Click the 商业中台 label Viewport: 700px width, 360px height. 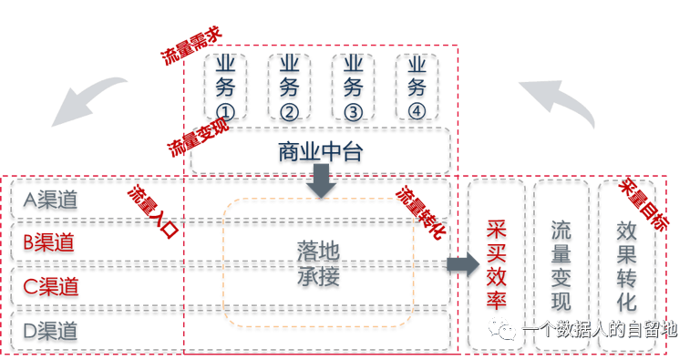pos(320,152)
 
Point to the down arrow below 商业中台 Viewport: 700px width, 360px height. pos(321,182)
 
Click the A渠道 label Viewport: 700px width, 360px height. pos(50,201)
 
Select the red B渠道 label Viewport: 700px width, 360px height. pos(50,244)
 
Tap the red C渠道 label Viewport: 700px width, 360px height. pos(50,288)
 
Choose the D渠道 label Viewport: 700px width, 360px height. pos(50,330)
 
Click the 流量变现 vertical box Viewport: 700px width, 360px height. pos(561,265)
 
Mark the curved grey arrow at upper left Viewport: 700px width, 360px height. pos(87,100)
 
